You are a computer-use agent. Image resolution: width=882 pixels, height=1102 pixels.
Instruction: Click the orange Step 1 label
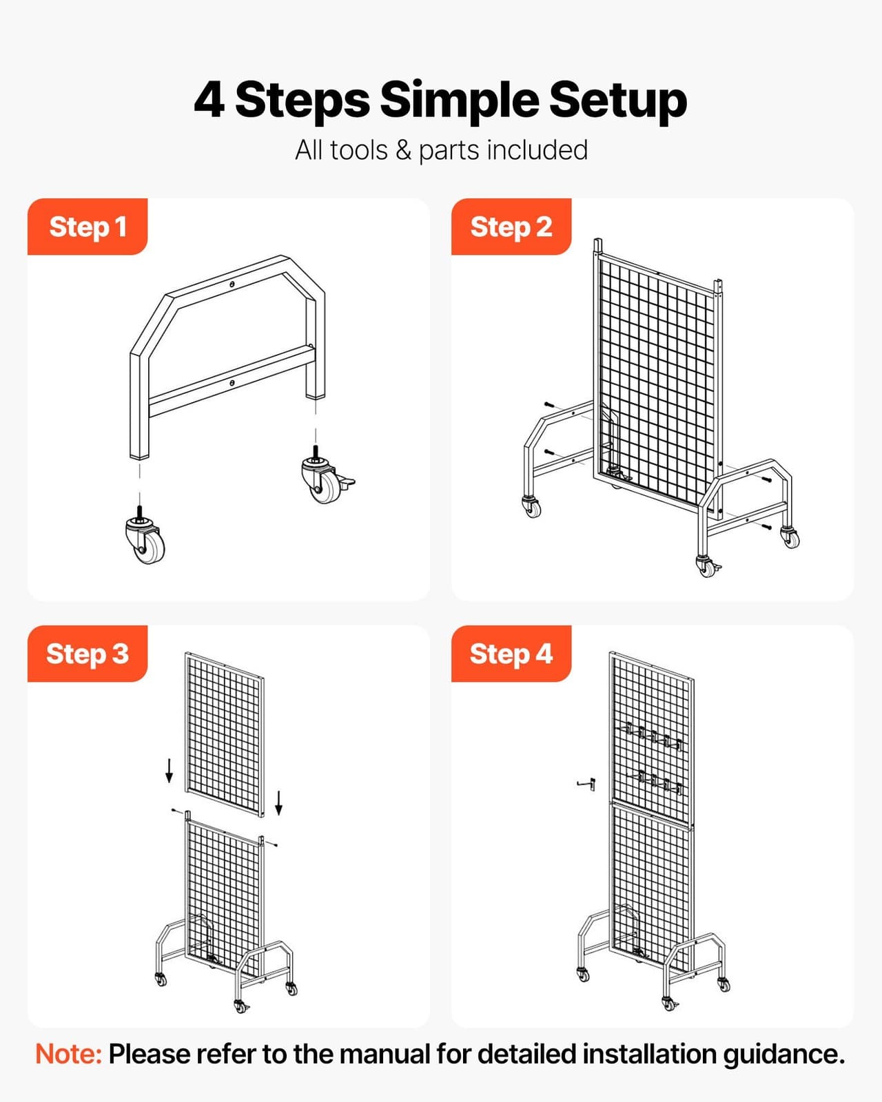tap(88, 227)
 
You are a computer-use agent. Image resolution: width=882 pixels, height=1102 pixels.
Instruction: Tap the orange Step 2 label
tap(511, 227)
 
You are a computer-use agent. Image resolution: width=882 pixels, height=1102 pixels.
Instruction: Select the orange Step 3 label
tap(88, 654)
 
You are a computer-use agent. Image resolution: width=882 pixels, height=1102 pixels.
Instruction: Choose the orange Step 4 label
tap(511, 654)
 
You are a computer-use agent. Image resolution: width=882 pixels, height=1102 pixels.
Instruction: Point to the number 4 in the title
tap(209, 101)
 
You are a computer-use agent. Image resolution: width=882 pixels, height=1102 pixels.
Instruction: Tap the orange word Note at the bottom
tap(68, 1054)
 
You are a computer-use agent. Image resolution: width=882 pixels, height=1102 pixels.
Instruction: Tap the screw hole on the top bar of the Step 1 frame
tap(233, 284)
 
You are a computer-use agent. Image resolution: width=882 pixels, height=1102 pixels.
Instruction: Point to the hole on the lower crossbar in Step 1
tap(232, 382)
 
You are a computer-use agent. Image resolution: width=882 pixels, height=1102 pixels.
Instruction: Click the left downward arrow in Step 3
tap(169, 771)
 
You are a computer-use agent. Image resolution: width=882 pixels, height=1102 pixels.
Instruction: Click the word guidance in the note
tap(783, 1054)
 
